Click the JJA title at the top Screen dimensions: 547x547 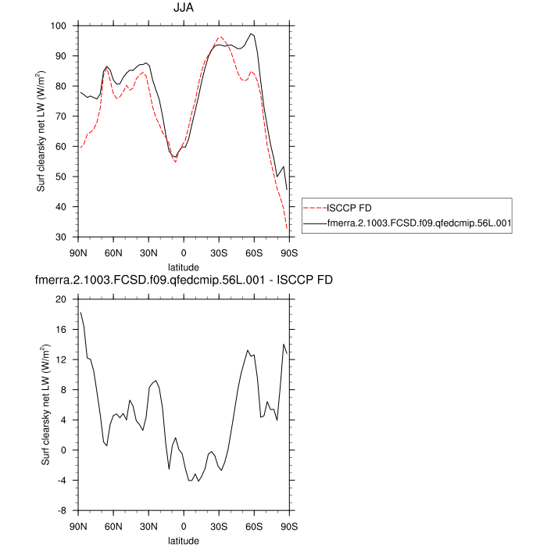pyautogui.click(x=184, y=9)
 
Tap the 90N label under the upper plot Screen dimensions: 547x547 pyautogui.click(x=78, y=252)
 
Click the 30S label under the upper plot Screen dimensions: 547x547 pyautogui.click(x=219, y=252)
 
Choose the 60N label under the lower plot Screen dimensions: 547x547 pyautogui.click(x=113, y=526)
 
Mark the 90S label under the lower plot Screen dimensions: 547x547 pyautogui.click(x=289, y=526)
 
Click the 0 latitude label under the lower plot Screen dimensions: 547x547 pyautogui.click(x=184, y=526)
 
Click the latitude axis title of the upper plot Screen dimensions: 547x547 pyautogui.click(x=184, y=266)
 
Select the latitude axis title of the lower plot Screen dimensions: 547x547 pyautogui.click(x=184, y=540)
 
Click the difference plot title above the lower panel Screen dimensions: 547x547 pyautogui.click(x=184, y=280)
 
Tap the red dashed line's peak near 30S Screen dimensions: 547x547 pyautogui.click(x=220, y=37)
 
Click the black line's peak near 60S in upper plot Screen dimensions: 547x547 pyautogui.click(x=251, y=34)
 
